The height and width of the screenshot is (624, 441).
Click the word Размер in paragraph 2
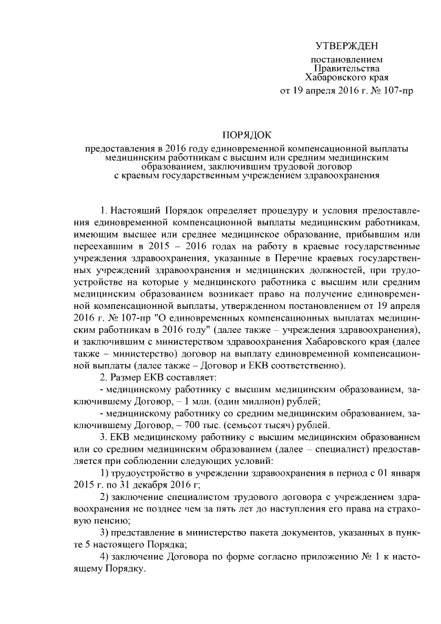(x=137, y=378)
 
